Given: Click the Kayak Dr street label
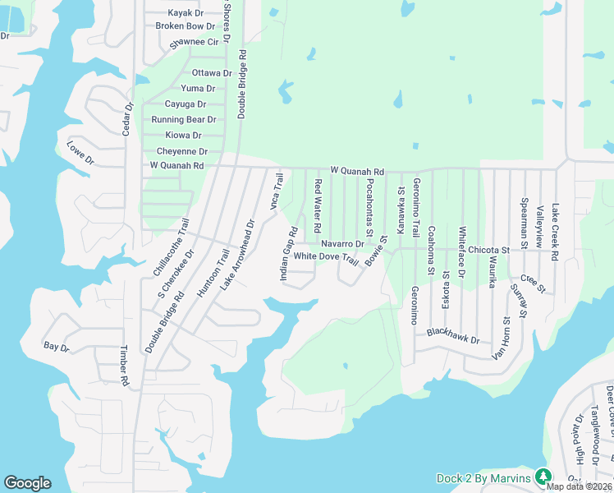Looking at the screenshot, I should coord(186,13).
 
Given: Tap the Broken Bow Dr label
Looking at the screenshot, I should coord(185,26).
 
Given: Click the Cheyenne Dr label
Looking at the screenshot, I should coord(181,151).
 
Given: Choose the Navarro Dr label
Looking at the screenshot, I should coord(342,244).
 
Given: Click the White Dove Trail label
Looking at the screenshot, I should coord(326,257).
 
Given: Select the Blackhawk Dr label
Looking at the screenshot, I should coord(453,336).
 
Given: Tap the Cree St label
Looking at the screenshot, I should coord(532,283).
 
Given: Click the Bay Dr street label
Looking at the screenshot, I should coord(57,348).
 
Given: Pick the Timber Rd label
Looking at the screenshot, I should coord(125,366).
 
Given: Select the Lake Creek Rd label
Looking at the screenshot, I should coord(556,233).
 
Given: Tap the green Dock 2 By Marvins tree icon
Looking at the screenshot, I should coord(543,476).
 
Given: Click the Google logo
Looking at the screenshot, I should coord(27,483).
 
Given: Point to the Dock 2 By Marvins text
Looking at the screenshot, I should coord(484,477).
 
